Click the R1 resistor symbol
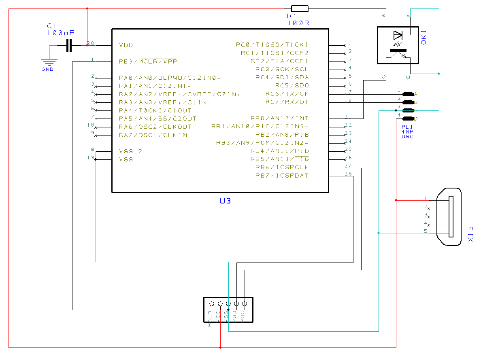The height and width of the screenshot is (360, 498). [x=300, y=8]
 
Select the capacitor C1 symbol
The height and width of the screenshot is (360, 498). [x=69, y=45]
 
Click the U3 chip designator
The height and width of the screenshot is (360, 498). [x=225, y=201]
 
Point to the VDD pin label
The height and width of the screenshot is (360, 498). [x=126, y=45]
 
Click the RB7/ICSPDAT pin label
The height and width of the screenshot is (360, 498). [x=282, y=176]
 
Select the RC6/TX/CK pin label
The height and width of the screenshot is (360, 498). [x=287, y=94]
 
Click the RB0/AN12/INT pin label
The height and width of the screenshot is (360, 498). [x=279, y=119]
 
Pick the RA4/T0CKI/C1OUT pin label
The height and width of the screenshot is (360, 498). [x=155, y=110]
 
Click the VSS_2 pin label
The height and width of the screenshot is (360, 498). [x=131, y=151]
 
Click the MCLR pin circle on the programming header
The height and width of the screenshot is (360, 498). [x=211, y=303]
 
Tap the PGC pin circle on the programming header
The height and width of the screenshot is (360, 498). [x=245, y=303]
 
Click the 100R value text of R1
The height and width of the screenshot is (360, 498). [x=298, y=23]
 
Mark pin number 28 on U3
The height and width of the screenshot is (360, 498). [x=348, y=174]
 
